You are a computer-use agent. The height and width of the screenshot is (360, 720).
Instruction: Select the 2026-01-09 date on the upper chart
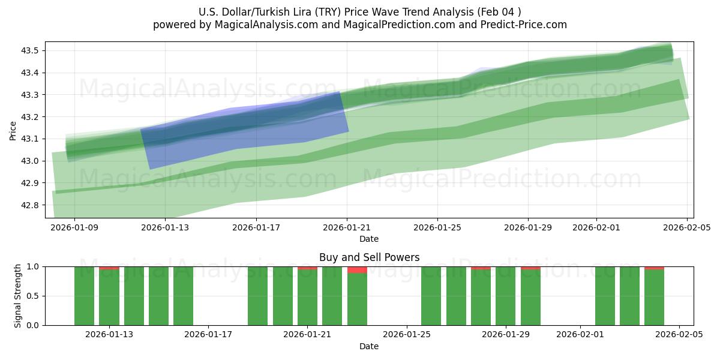point(75,227)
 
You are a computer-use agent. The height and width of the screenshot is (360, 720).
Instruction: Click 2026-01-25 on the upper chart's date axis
point(437,227)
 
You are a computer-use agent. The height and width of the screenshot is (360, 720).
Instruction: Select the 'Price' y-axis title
point(13,130)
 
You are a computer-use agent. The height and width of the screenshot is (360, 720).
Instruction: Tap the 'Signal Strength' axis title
point(18,296)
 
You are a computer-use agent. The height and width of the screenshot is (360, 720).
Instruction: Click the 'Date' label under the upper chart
point(369,239)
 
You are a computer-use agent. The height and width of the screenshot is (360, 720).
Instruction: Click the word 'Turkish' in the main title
point(286,12)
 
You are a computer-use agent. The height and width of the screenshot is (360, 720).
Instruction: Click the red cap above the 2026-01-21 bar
point(307,268)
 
